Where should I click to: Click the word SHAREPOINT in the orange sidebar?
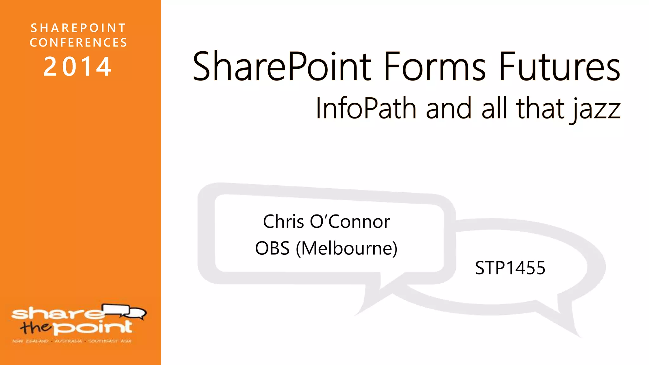[x=78, y=28]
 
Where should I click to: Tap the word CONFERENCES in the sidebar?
[x=79, y=42]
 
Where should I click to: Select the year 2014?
[x=78, y=67]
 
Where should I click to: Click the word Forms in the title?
[x=434, y=67]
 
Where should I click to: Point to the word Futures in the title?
[x=559, y=67]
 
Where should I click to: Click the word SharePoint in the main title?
[x=282, y=67]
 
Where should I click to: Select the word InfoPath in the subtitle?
[x=366, y=108]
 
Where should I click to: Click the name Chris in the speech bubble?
[x=284, y=221]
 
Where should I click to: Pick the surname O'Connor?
[x=350, y=221]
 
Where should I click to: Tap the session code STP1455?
[x=510, y=268]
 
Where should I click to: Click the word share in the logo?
[x=57, y=314]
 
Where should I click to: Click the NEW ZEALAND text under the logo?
[x=30, y=341]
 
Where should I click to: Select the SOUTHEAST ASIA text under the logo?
[x=110, y=341]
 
